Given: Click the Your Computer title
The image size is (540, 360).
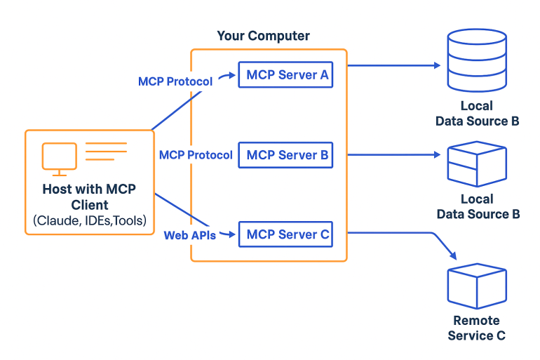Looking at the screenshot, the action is point(263,36).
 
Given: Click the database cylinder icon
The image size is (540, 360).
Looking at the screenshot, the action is point(477,60).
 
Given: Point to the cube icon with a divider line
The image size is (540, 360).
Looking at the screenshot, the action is point(477,164).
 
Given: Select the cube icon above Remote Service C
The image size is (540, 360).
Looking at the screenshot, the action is point(477,286).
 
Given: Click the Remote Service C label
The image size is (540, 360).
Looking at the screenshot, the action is point(477,328).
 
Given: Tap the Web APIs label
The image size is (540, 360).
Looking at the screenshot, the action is point(190,235).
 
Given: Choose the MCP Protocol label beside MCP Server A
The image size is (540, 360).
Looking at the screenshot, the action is point(175,81).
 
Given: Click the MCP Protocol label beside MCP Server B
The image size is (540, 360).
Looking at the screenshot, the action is point(196,155).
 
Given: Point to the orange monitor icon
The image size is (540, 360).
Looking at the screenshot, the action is point(59,159).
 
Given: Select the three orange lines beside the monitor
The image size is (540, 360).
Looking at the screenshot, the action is point(106,152).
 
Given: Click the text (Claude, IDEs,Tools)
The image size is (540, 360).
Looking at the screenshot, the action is point(90,220).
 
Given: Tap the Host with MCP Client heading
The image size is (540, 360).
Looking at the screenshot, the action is point(89,196).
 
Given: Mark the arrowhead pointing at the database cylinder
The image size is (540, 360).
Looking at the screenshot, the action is point(438,65).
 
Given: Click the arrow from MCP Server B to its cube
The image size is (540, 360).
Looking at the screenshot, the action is point(394,154).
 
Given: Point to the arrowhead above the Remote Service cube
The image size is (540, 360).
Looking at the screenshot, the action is point(454,256).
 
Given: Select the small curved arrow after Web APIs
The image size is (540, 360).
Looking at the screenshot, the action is point(228,234).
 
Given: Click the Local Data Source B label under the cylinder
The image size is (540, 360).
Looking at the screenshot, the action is point(477,114).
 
